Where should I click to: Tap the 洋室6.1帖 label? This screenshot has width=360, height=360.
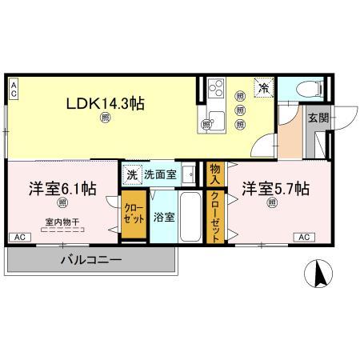point(63,189)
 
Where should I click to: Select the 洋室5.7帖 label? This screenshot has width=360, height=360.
point(276,189)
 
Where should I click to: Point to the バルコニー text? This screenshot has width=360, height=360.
point(90,260)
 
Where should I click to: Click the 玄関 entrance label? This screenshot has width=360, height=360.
point(318,117)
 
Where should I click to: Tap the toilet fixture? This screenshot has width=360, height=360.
point(308,89)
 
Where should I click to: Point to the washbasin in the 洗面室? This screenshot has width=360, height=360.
point(187,174)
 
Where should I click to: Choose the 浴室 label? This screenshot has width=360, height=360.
point(164,217)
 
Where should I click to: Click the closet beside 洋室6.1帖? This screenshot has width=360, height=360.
point(133,215)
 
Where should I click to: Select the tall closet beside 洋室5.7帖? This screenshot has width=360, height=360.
point(215,216)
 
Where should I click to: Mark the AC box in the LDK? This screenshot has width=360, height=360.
point(14,89)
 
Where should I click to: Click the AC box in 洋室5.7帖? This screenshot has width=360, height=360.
point(303,237)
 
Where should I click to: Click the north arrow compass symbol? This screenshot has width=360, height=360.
point(321,275)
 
